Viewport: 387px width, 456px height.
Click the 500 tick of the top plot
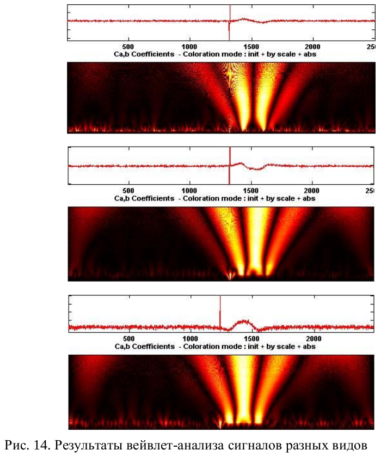(128, 47)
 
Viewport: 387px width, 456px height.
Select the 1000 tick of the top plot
(189, 47)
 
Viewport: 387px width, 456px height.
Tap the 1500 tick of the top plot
(251, 47)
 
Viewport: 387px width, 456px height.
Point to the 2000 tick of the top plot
(312, 47)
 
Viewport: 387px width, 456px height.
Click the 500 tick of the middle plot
(128, 191)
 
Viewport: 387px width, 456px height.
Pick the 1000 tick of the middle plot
(189, 191)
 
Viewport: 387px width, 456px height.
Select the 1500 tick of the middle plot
(251, 191)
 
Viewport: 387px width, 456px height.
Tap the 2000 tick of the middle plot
(312, 191)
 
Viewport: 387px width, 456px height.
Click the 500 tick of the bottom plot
(130, 338)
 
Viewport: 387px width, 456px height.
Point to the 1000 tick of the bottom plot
(191, 338)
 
